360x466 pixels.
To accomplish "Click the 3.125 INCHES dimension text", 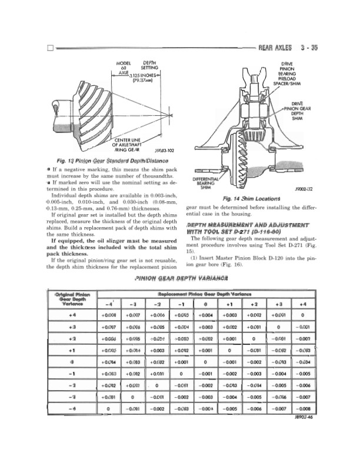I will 145,77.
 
